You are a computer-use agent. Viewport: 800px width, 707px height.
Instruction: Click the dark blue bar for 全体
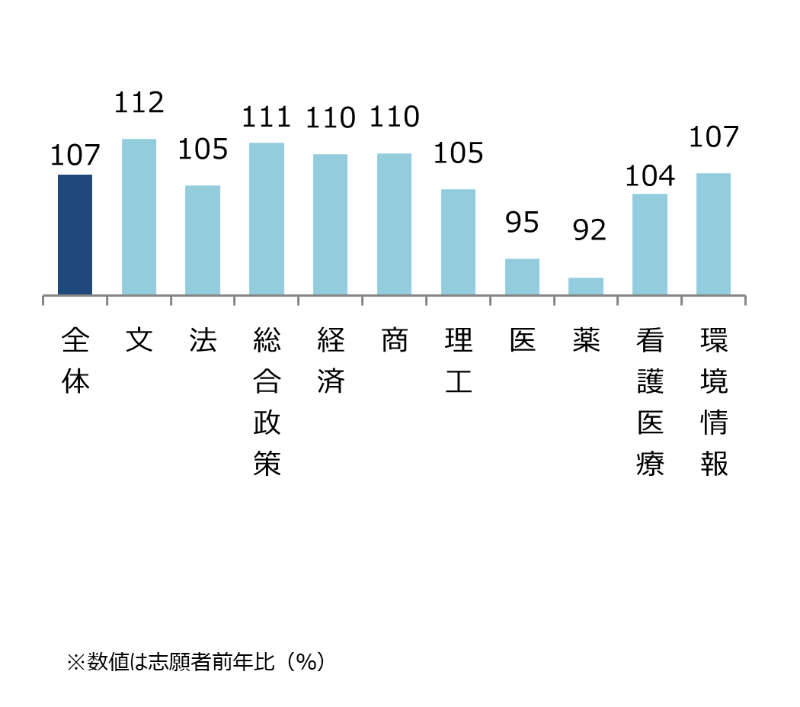click(x=75, y=235)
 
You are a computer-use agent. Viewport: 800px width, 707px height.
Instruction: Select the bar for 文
click(x=139, y=217)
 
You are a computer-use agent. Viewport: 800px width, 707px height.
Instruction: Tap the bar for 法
click(x=203, y=240)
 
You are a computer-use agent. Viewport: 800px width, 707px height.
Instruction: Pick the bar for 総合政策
click(x=267, y=219)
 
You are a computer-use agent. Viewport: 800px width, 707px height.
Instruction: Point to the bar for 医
click(x=522, y=277)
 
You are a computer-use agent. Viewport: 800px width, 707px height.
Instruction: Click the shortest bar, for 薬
click(x=586, y=286)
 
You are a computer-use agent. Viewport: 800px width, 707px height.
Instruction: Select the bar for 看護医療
click(x=650, y=244)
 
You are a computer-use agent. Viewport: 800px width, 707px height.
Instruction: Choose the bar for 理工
click(x=458, y=242)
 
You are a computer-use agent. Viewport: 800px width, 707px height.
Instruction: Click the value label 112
click(x=139, y=102)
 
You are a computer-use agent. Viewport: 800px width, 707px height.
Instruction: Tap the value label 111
click(x=267, y=117)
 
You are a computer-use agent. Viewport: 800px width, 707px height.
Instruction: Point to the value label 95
click(x=522, y=223)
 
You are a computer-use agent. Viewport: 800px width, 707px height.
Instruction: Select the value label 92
click(x=589, y=230)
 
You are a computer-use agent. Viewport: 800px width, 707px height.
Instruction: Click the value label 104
click(x=650, y=177)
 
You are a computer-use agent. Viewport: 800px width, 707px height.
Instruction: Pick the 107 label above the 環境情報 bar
click(x=714, y=137)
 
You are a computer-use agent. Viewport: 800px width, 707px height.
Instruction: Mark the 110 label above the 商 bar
click(x=394, y=117)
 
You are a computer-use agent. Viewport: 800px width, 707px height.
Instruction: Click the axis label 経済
click(x=331, y=361)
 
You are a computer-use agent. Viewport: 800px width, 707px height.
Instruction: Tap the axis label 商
click(x=395, y=341)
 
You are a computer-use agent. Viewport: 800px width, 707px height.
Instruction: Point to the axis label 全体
click(x=75, y=361)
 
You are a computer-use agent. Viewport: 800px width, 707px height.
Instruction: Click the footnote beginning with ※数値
click(x=197, y=661)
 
